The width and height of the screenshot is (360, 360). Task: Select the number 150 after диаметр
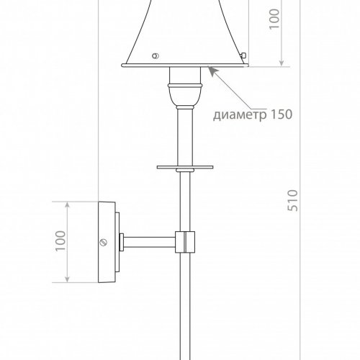click(282, 114)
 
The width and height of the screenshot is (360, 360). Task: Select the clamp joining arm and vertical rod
click(186, 242)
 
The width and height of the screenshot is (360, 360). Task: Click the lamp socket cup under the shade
click(185, 76)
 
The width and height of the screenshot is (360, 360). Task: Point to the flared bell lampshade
click(185, 32)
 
